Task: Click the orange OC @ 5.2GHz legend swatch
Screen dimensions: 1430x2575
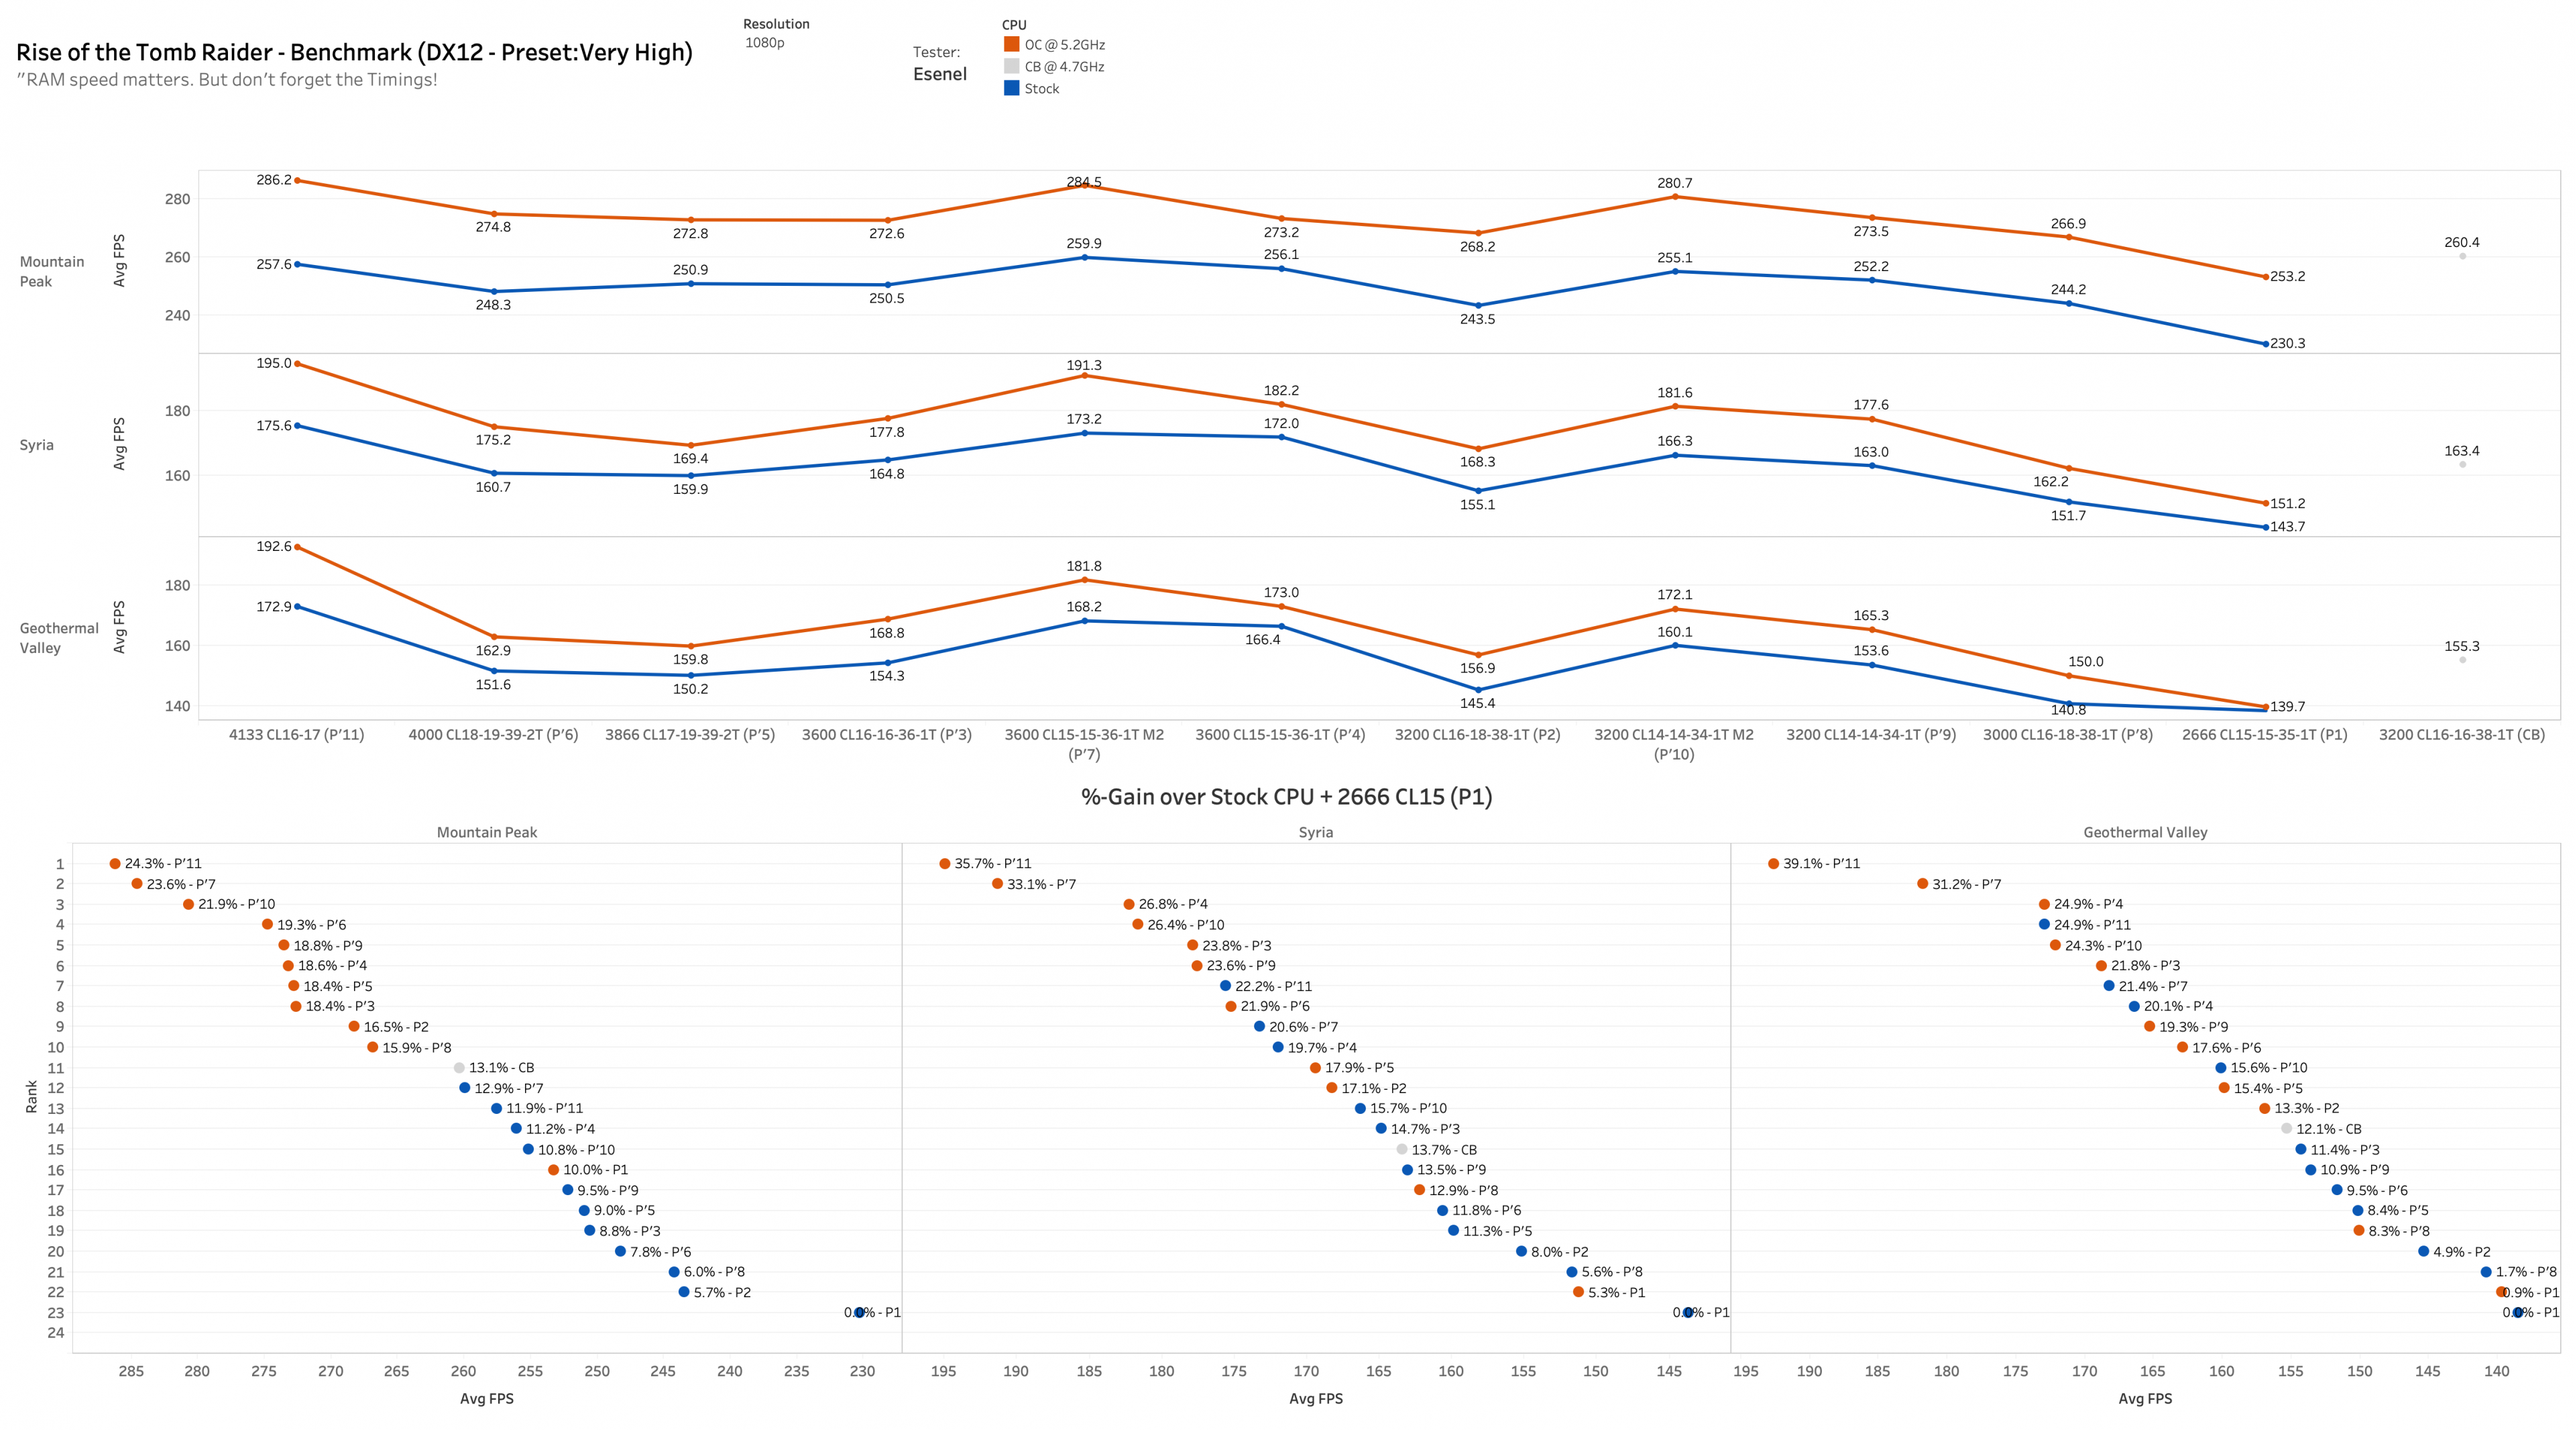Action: (x=1012, y=44)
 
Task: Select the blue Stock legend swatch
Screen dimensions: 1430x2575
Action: (x=1012, y=88)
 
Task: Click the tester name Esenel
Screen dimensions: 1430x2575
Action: (x=939, y=74)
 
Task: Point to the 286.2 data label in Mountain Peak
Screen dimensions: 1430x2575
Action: (x=274, y=180)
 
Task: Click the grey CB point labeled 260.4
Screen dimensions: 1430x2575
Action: (x=2462, y=256)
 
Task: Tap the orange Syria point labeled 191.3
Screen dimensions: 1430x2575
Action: (x=1084, y=375)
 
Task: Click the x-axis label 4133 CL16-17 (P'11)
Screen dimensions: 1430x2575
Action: (x=297, y=734)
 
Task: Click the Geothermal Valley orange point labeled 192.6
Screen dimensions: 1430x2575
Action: (x=297, y=547)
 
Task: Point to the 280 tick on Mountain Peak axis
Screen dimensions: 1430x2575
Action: (x=177, y=199)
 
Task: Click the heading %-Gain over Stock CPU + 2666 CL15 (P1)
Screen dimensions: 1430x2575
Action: (x=1287, y=797)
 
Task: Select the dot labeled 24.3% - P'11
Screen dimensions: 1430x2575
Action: (x=115, y=863)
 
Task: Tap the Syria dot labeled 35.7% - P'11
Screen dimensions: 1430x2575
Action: (x=945, y=863)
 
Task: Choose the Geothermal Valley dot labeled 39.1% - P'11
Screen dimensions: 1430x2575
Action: (x=1773, y=863)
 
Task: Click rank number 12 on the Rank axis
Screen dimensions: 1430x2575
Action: (x=56, y=1088)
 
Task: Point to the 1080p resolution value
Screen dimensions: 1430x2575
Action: (x=764, y=43)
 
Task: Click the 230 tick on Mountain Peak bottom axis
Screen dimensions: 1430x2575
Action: (x=862, y=1371)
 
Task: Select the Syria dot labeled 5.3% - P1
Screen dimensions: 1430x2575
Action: (x=1579, y=1292)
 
